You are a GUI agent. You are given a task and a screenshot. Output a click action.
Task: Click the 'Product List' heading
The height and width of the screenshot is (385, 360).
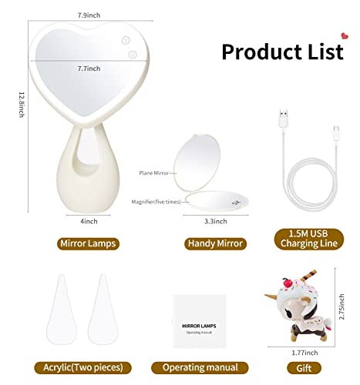282,51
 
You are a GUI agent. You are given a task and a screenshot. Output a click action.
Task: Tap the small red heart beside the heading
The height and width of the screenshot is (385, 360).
341,34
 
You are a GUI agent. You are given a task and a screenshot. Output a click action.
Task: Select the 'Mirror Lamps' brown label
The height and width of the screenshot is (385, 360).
87,243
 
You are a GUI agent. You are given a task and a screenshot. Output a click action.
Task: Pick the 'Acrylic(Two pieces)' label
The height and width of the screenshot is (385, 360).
89,367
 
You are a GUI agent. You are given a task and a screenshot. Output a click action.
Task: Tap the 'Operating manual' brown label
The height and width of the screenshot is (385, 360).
199,367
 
